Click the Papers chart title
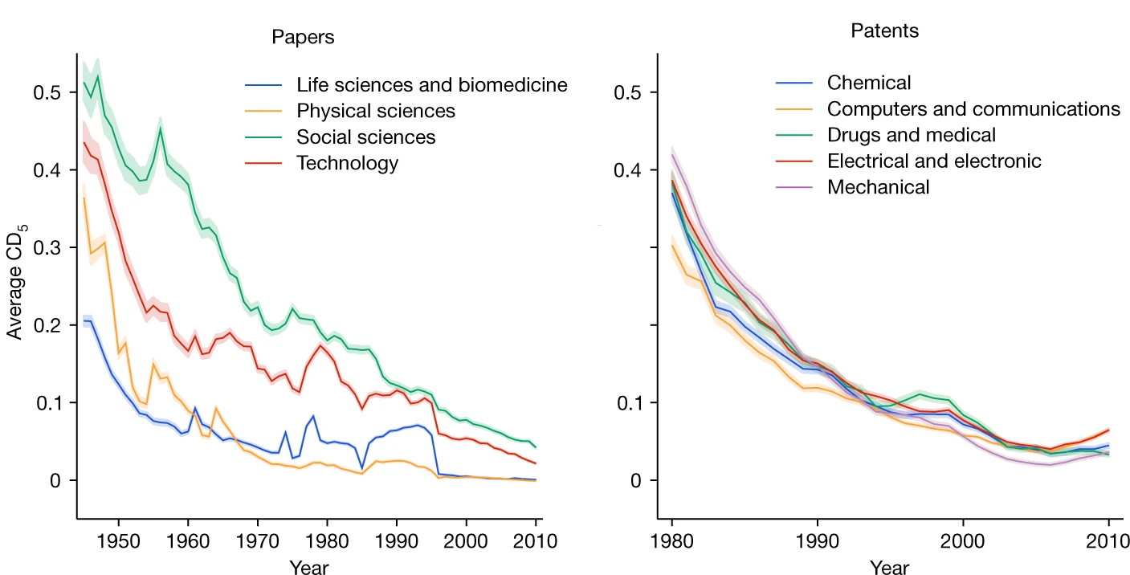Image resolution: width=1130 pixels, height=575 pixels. [x=303, y=37]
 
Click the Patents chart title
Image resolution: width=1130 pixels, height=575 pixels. [x=885, y=31]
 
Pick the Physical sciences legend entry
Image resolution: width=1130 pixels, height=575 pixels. [x=375, y=111]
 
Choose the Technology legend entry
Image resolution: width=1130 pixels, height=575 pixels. [x=347, y=163]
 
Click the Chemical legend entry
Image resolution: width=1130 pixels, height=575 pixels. [x=869, y=83]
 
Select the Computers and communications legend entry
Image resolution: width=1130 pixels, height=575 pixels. [x=973, y=108]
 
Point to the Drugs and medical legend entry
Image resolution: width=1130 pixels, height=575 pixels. [x=911, y=135]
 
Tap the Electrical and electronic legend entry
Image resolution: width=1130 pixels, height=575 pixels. [x=933, y=161]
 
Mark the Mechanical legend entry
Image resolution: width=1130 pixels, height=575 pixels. [x=878, y=187]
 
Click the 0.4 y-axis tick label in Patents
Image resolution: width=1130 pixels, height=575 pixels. [x=629, y=170]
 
